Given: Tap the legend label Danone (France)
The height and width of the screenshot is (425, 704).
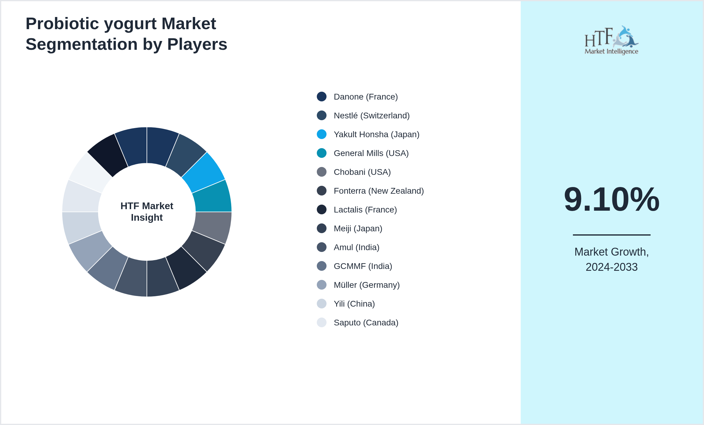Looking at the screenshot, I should click(366, 97).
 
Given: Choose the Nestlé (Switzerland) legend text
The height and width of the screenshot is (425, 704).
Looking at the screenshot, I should click(371, 116).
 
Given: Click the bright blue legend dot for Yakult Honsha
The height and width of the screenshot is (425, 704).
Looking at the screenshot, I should click(322, 134).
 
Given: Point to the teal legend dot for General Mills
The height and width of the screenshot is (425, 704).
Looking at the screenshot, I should click(322, 153).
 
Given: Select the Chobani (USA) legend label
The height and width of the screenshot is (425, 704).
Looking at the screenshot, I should click(362, 172).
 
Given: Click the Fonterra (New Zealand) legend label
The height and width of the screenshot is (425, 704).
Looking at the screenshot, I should click(378, 191).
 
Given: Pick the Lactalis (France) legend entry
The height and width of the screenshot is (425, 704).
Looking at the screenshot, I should click(365, 210).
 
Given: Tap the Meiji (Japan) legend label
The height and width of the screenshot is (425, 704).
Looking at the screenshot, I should click(358, 229).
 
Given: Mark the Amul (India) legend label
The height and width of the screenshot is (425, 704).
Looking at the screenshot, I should click(356, 247).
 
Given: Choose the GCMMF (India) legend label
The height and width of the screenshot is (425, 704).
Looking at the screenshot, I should click(363, 266).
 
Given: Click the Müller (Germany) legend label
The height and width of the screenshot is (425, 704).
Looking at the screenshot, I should click(367, 285).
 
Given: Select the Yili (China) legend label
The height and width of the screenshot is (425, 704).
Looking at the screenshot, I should click(354, 304).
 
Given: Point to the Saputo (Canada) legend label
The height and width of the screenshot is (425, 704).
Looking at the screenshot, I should click(366, 323).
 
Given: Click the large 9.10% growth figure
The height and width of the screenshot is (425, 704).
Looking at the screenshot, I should click(611, 199).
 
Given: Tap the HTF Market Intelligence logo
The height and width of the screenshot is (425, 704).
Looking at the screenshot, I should click(611, 40).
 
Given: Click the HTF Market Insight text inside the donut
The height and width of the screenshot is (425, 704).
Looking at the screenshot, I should click(147, 212).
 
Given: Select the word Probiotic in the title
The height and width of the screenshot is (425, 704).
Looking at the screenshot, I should click(62, 24).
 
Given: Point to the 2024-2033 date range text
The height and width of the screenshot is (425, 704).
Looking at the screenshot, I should click(611, 267).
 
